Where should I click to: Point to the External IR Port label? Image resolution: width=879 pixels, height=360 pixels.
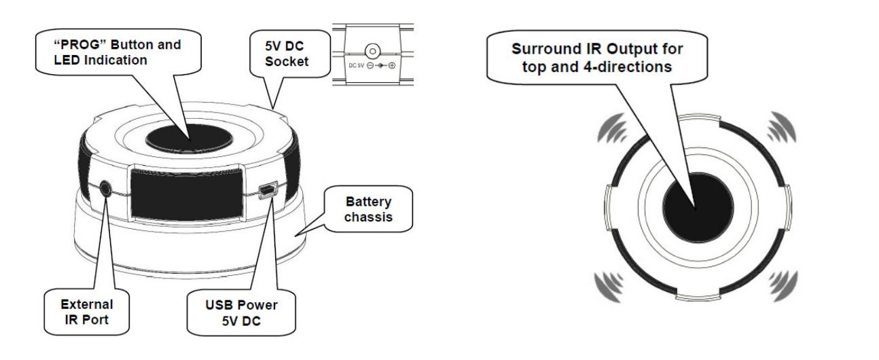click(x=78, y=308)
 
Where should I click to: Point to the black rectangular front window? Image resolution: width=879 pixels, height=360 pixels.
click(x=184, y=192)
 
